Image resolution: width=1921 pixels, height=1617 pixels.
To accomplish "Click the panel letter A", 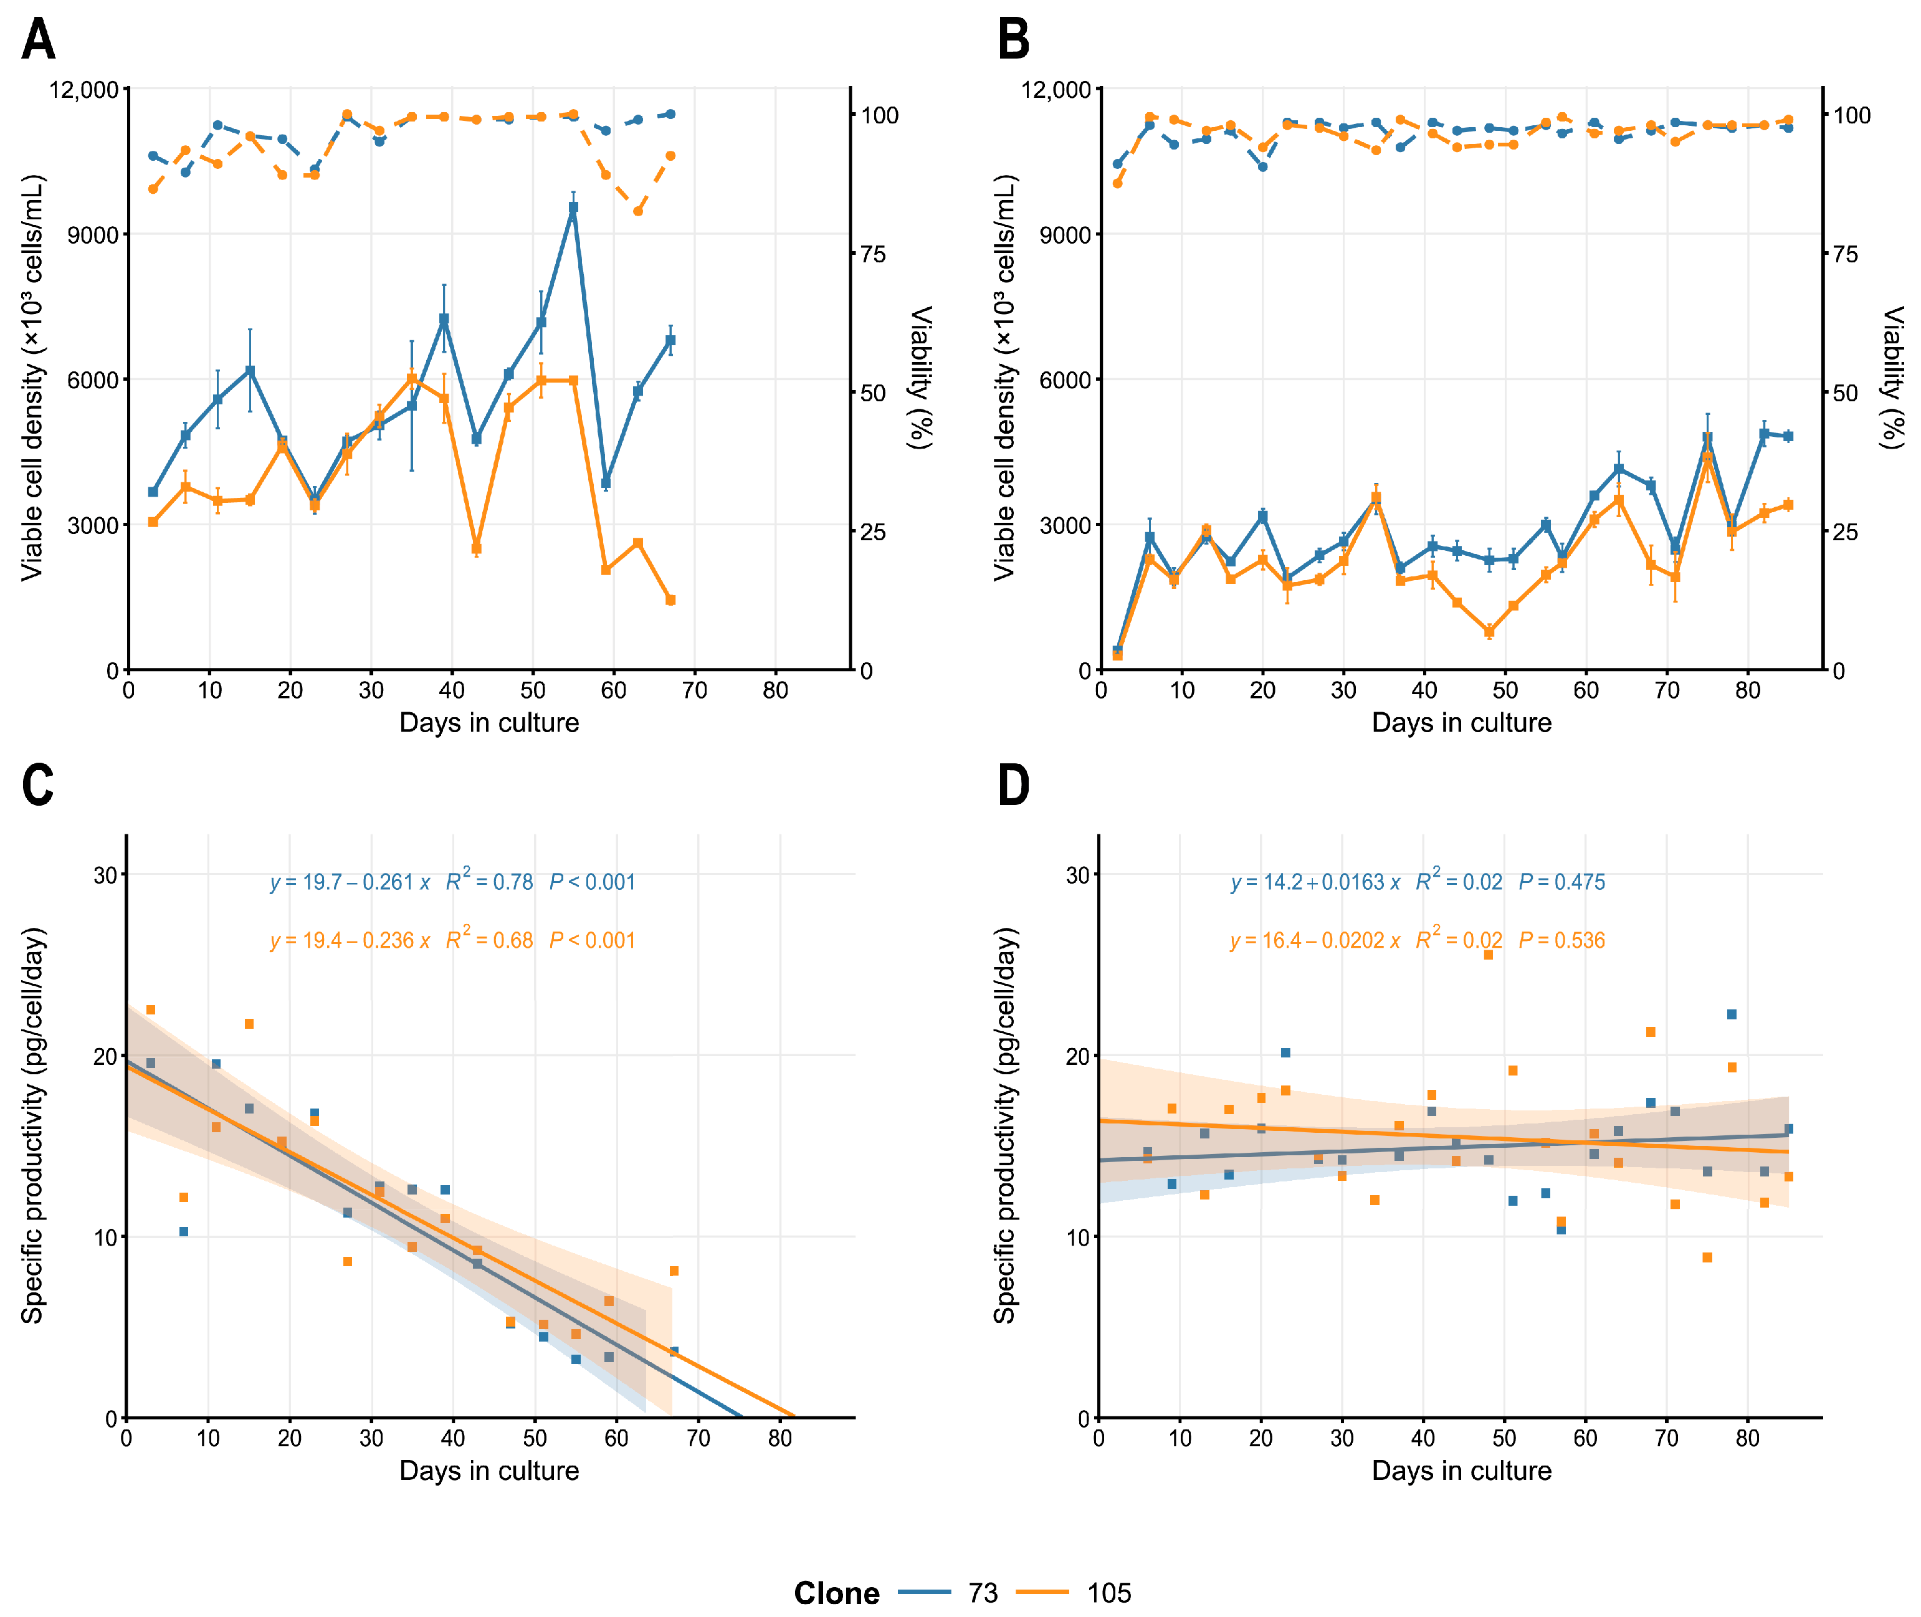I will [39, 41].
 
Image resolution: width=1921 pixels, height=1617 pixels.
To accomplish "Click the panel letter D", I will [1013, 786].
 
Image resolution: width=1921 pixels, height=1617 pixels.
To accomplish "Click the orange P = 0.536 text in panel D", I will [1561, 940].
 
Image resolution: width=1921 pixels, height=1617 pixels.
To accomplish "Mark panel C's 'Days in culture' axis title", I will [489, 1471].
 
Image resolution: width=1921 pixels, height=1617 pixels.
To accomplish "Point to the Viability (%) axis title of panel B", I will [1892, 378].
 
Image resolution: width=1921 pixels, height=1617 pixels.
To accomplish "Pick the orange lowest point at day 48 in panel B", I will [1489, 632].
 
